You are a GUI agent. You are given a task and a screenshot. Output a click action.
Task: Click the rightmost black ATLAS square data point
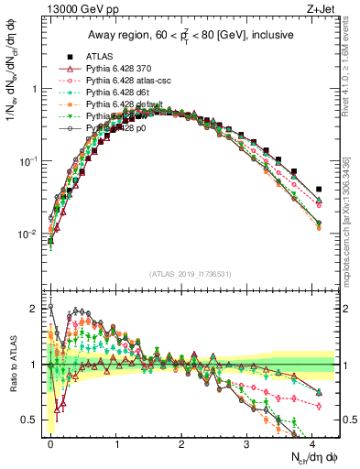[318, 190]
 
